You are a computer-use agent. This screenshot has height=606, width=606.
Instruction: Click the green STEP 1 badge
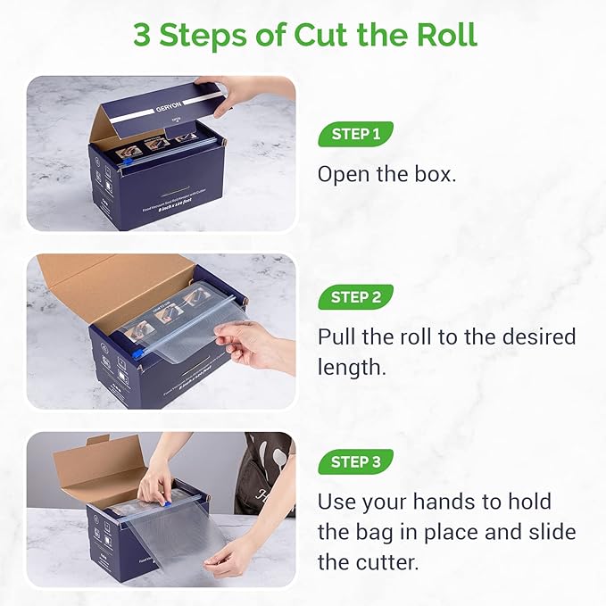[355, 135]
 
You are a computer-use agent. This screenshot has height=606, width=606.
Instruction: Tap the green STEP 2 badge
[355, 297]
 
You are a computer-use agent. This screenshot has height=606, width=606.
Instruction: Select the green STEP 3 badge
[355, 461]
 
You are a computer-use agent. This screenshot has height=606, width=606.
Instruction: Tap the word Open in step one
[343, 174]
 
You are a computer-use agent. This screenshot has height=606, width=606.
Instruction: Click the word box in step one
[435, 174]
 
